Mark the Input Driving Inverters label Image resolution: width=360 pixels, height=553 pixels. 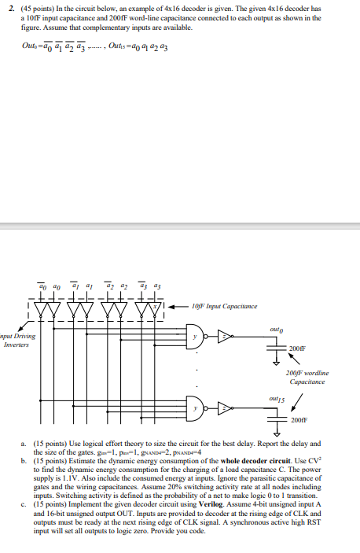pos(17,341)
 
